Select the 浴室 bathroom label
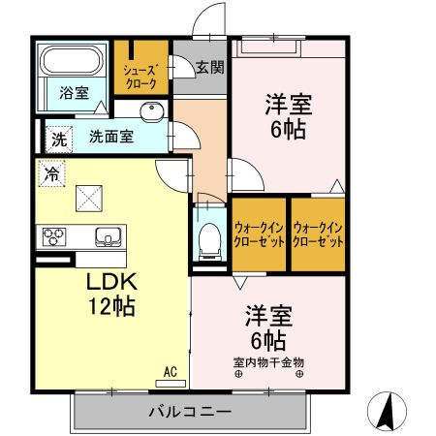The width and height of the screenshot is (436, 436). (74, 93)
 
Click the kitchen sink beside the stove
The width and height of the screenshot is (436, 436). (107, 235)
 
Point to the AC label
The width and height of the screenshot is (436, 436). (170, 371)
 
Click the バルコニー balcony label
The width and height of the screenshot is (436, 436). (190, 411)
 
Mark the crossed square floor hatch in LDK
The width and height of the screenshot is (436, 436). (92, 199)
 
